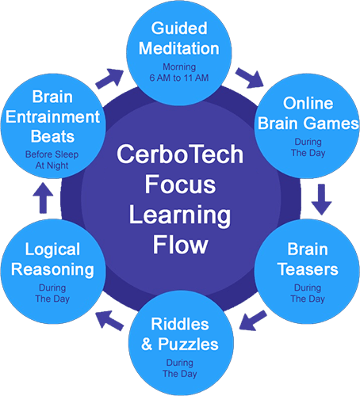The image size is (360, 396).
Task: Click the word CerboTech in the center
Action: [x=180, y=154]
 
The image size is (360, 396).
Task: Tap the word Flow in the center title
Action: [x=181, y=245]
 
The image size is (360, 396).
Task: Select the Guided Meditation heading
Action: [x=179, y=38]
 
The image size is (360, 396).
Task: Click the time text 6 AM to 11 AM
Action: [x=179, y=78]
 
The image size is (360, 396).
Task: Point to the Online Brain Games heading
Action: [x=308, y=113]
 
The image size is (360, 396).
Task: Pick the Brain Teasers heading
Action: [x=308, y=259]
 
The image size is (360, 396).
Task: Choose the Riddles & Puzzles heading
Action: [x=180, y=334]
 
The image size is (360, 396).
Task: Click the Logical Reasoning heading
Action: [x=52, y=259]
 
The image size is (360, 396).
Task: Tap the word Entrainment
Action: [x=53, y=116]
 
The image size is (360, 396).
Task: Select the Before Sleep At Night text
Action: [x=52, y=160]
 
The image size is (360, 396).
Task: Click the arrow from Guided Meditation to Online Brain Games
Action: [x=250, y=78]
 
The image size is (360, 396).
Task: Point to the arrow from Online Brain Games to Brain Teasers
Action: [x=321, y=200]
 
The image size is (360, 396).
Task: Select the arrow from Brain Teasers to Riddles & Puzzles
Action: [x=253, y=321]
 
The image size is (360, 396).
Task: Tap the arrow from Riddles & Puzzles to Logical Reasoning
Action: [x=109, y=321]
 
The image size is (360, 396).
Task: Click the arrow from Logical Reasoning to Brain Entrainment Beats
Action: [x=43, y=198]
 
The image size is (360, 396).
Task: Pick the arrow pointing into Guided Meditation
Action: [x=109, y=78]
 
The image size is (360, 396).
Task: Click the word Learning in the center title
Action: [x=180, y=215]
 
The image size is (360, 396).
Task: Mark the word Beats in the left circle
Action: [x=52, y=137]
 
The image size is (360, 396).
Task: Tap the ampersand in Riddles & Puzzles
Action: [x=147, y=345]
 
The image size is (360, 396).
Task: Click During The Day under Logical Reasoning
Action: [x=52, y=293]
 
